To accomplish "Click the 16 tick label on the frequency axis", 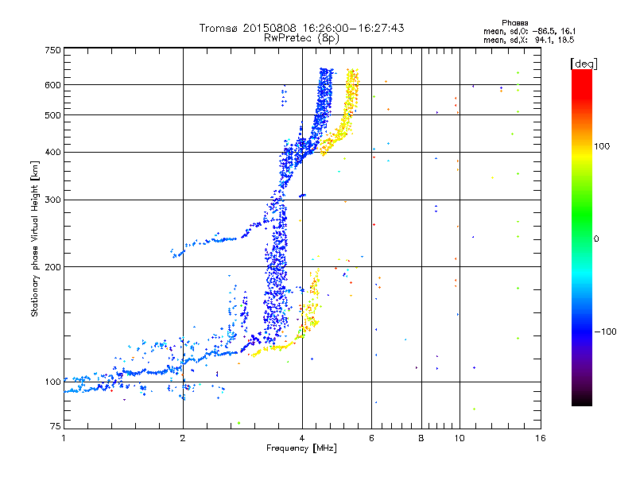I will coord(539,438).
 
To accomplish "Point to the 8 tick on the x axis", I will coord(421,438).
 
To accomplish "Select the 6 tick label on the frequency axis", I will coord(372,438).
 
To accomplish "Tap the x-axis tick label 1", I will coord(64,438).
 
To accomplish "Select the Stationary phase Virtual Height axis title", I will coord(35,238).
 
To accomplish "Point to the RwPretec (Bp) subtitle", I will coord(301,37).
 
